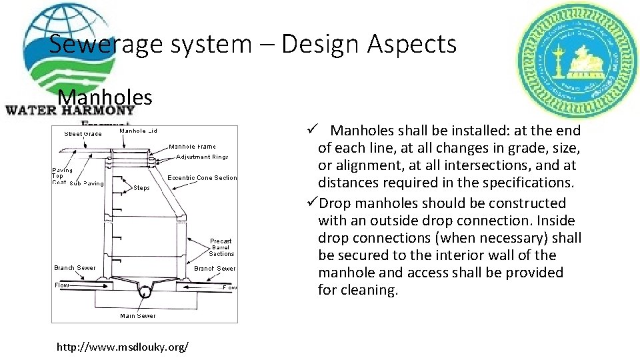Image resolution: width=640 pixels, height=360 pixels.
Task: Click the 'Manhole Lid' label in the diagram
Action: [138, 131]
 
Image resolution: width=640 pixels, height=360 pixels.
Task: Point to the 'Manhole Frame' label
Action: [192, 147]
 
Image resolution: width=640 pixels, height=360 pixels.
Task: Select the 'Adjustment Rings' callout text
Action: [202, 157]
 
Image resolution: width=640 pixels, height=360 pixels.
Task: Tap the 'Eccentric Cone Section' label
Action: [202, 178]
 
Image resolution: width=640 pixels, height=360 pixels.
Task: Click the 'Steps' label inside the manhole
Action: [141, 188]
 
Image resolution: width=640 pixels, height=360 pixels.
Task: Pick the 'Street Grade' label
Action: [83, 134]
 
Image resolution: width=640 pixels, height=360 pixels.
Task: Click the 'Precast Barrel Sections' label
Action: [221, 247]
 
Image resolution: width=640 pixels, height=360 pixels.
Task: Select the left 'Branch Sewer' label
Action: [75, 268]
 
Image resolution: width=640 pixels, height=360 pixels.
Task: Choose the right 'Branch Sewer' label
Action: [215, 269]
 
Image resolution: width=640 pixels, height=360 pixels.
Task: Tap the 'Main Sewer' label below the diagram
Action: [138, 315]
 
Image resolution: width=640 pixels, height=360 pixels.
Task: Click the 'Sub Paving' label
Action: [87, 183]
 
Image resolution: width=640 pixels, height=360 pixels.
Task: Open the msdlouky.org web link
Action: [123, 347]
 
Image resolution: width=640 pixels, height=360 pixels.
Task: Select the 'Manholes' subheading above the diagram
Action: [105, 97]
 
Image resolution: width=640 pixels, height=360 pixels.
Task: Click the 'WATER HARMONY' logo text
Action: [69, 111]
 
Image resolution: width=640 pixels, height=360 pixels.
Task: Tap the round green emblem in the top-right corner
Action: [569, 59]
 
